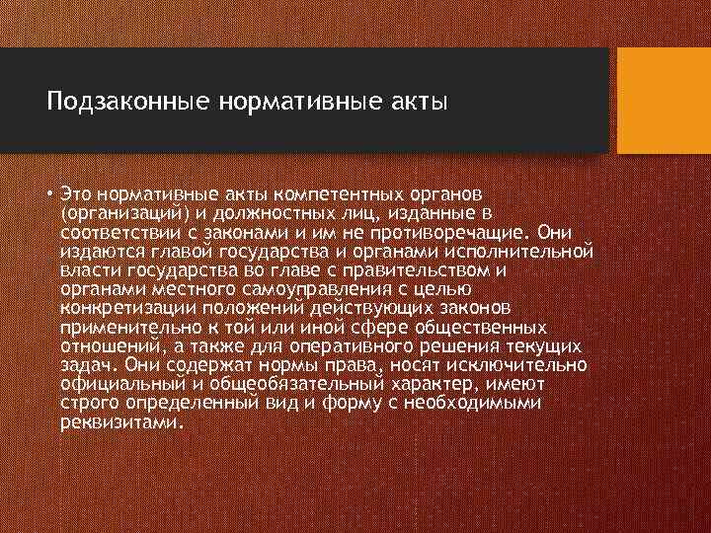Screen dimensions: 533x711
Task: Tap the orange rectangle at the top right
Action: coord(664,101)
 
